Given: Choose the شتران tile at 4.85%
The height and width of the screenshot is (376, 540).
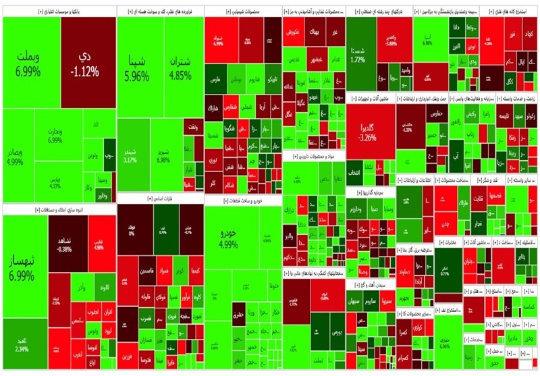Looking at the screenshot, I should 180,68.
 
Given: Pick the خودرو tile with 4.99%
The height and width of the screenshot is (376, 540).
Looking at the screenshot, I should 229,238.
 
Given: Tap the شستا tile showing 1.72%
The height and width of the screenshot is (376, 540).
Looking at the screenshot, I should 358,54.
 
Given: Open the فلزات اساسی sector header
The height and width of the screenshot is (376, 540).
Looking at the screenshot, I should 159,198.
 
